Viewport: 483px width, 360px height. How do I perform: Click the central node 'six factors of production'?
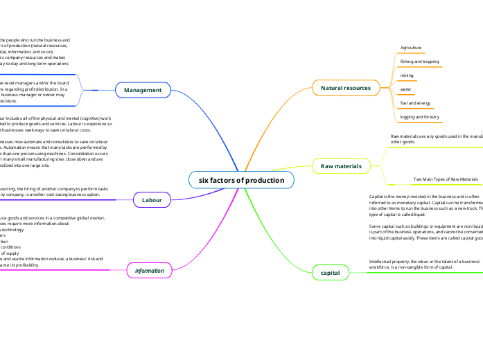point(241,180)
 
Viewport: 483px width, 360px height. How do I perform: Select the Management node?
point(143,90)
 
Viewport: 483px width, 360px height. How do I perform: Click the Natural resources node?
point(346,88)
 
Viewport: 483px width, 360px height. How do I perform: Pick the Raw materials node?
point(341,166)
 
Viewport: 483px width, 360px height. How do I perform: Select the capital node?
point(331,273)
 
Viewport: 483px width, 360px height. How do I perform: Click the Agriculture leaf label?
point(411,48)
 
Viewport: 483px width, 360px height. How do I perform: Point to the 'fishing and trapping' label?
point(419,62)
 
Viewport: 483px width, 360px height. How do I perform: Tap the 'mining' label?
point(407,75)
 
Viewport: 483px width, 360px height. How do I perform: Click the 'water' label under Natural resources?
point(406,89)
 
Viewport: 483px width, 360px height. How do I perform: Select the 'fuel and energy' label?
point(415,103)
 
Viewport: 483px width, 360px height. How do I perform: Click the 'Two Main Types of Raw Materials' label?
point(446,179)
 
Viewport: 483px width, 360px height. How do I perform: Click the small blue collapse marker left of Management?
point(95,90)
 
